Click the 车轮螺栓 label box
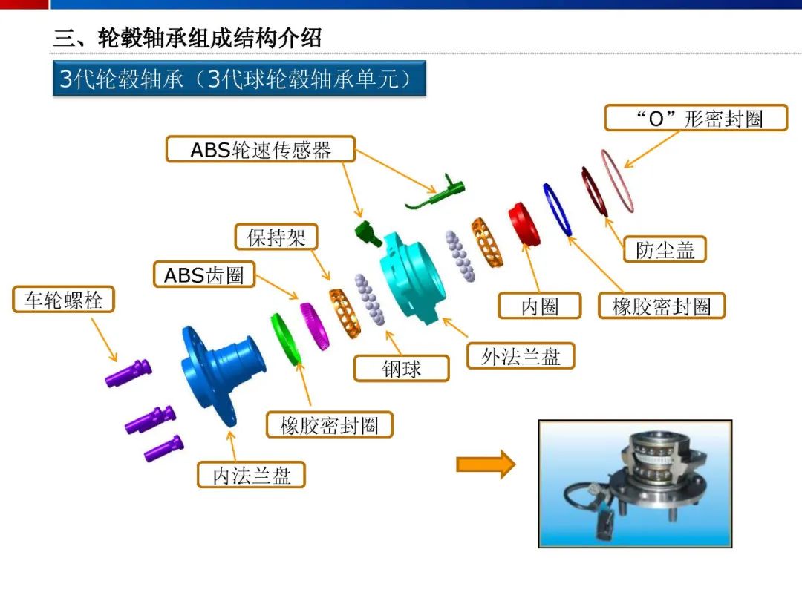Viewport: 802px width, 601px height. (63, 300)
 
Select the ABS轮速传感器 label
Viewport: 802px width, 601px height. (261, 149)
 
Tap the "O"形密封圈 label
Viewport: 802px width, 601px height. (696, 118)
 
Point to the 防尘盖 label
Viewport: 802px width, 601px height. (665, 249)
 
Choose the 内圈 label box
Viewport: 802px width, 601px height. (540, 306)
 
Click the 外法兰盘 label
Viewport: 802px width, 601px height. (521, 355)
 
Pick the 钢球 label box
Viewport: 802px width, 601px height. (402, 369)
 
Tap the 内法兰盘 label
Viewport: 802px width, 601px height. (251, 475)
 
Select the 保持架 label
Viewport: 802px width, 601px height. (276, 237)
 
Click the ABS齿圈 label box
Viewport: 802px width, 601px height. (204, 275)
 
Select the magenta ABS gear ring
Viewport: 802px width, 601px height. (314, 326)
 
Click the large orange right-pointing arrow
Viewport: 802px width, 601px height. (486, 464)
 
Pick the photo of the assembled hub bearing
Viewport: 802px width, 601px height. (635, 484)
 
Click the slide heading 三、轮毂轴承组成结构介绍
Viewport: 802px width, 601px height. (187, 38)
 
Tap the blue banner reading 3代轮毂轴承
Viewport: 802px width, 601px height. (239, 78)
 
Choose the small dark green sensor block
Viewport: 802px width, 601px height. (368, 234)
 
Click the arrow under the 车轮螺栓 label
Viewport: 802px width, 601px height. (105, 340)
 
